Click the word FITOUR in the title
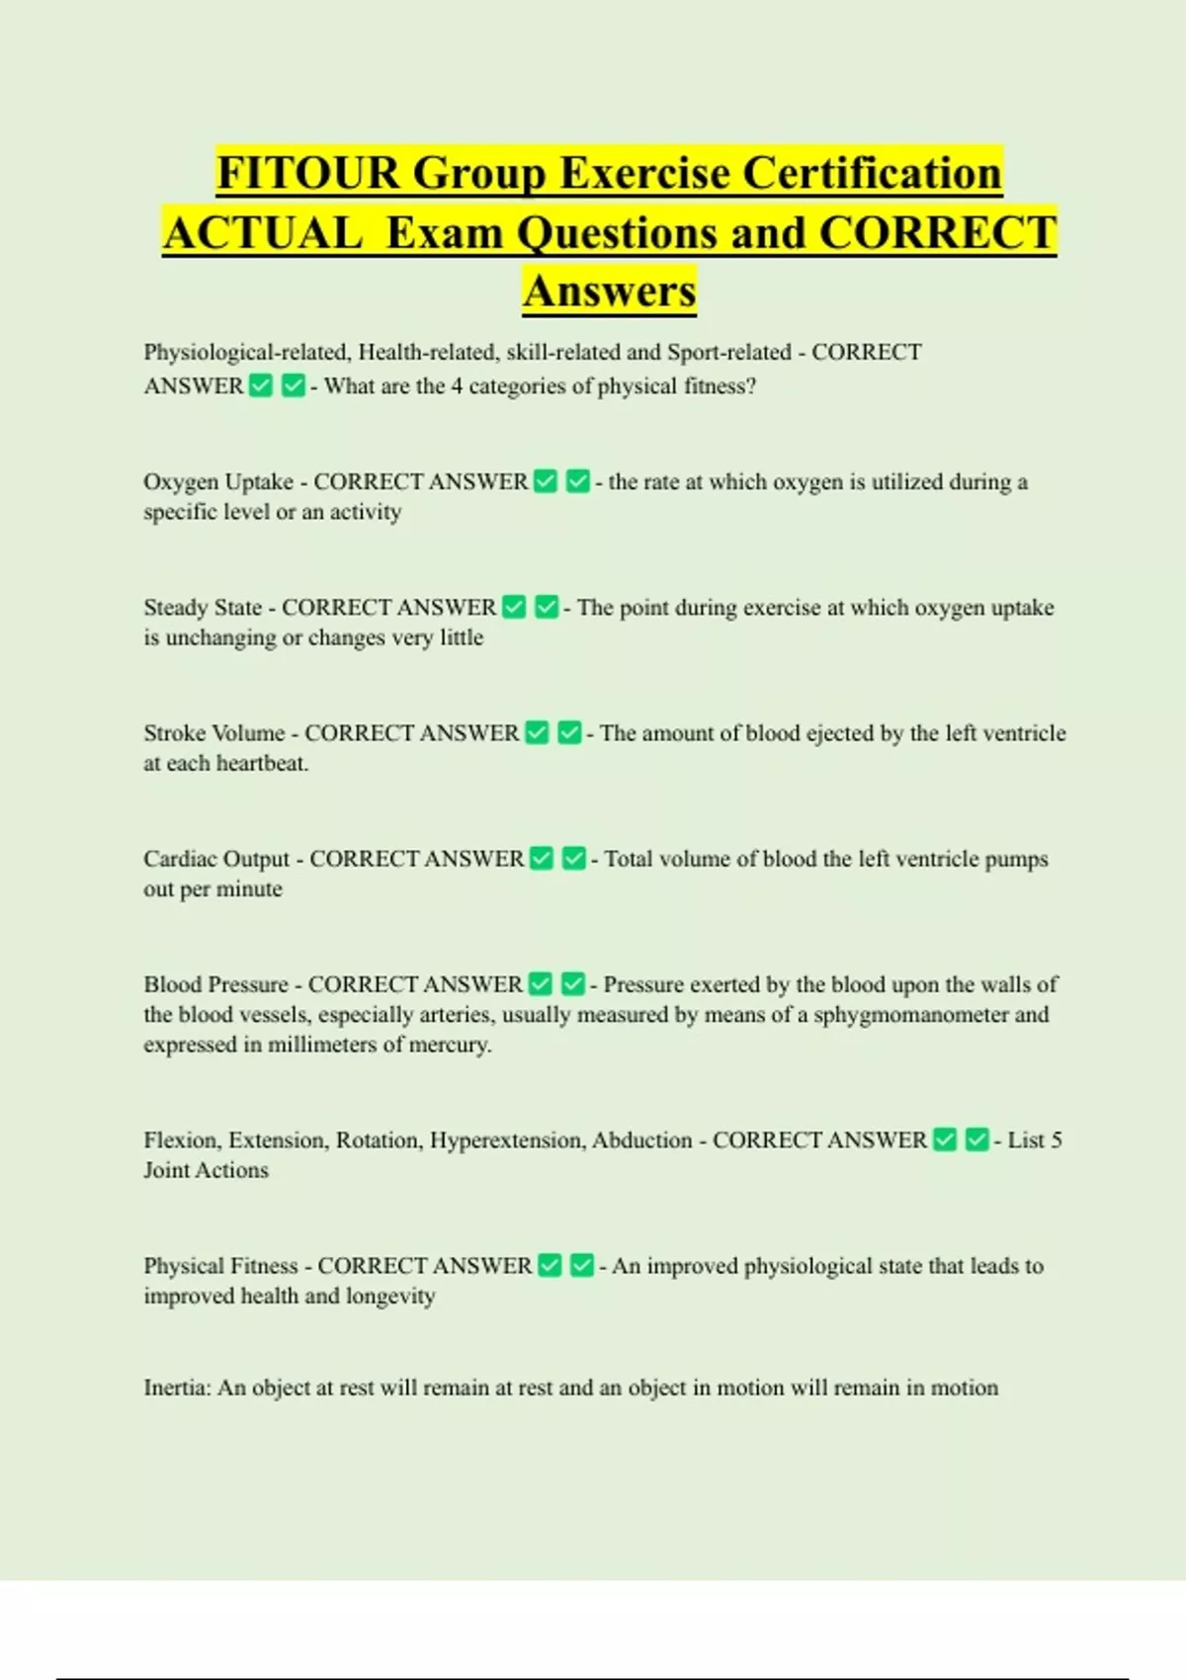tap(307, 173)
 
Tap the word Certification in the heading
tap(872, 173)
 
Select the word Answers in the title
tap(610, 292)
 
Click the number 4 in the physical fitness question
tap(457, 386)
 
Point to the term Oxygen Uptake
tap(218, 482)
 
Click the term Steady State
tap(203, 608)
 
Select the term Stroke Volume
tap(214, 733)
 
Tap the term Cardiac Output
tap(216, 859)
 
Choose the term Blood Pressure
tap(215, 984)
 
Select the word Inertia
tap(176, 1388)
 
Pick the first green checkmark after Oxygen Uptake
tap(546, 481)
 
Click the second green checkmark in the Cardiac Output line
tap(574, 859)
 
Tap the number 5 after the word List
tap(1056, 1140)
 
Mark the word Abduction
tap(642, 1140)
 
